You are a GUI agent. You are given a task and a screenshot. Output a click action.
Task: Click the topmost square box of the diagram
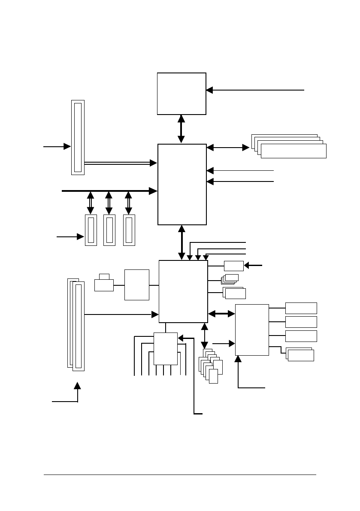[182, 94]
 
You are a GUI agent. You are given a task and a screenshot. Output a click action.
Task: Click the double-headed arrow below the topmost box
[181, 129]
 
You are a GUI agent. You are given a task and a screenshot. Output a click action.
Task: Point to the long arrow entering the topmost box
[255, 90]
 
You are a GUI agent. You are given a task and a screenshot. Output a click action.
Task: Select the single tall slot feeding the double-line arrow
[78, 137]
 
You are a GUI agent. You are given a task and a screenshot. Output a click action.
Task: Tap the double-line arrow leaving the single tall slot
[120, 163]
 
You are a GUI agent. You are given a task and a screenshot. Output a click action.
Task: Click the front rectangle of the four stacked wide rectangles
[293, 151]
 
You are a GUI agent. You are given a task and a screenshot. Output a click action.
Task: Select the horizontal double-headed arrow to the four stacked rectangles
[228, 148]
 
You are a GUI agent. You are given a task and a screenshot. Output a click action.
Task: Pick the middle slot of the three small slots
[109, 230]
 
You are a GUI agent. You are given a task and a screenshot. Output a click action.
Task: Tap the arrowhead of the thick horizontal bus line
[153, 190]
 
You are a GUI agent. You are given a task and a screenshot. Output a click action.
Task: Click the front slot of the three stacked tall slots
[79, 327]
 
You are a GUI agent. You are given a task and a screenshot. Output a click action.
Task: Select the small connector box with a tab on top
[104, 284]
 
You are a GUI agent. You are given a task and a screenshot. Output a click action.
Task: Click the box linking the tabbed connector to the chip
[137, 285]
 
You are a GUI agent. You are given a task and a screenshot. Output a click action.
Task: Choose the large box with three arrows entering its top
[183, 291]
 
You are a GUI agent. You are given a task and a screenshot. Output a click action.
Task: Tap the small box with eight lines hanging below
[166, 348]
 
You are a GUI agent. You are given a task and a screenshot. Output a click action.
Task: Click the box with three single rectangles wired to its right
[252, 330]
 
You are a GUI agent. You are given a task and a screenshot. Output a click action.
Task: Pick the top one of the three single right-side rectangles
[301, 308]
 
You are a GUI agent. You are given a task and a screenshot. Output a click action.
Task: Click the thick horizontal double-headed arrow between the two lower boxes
[221, 314]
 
